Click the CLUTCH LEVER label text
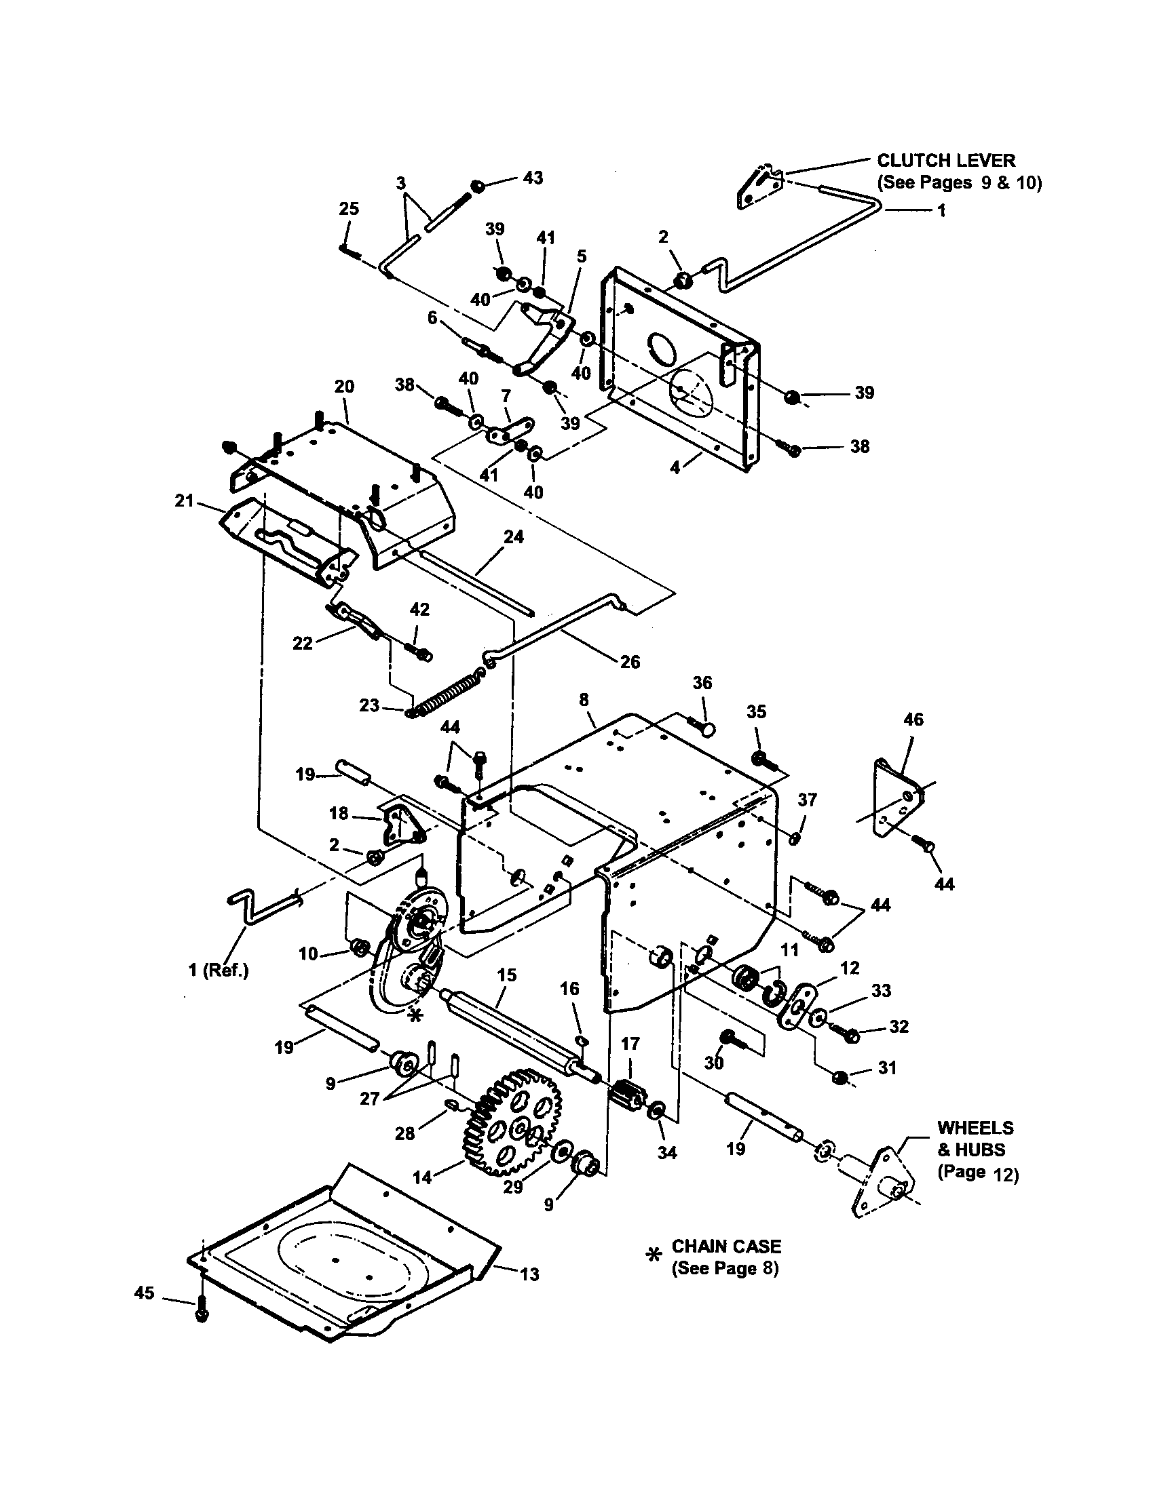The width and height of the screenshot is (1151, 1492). click(x=946, y=160)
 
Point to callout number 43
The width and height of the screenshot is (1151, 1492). click(x=533, y=178)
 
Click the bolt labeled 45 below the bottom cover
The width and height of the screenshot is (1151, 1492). click(x=201, y=1314)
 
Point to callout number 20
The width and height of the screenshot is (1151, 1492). click(x=345, y=386)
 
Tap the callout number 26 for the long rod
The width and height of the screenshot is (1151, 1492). click(x=630, y=661)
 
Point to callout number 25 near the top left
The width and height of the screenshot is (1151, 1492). click(x=349, y=208)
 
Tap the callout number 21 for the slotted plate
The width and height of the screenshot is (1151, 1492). click(x=185, y=501)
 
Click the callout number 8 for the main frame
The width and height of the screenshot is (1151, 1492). click(x=583, y=700)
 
